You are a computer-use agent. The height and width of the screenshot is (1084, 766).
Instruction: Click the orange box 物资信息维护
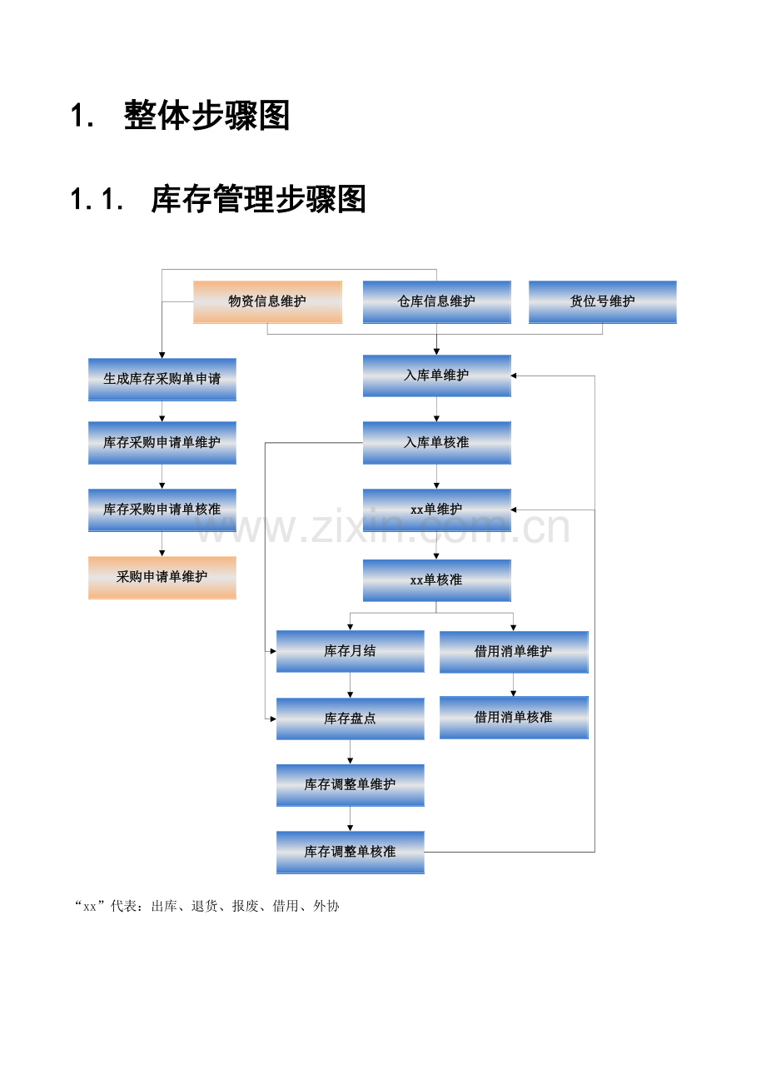[267, 302]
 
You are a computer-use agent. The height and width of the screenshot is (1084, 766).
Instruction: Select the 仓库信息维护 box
[437, 302]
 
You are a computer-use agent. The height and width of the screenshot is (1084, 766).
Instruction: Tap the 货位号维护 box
[603, 302]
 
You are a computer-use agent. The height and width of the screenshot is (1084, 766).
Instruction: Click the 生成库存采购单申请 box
[162, 380]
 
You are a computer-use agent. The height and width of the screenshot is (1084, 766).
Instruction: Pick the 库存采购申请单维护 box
[162, 443]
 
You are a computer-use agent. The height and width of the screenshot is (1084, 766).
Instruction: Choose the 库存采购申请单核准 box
[162, 510]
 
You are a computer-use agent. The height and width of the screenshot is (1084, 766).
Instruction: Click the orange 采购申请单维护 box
[162, 577]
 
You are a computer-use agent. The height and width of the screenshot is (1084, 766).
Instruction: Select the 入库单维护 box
[437, 376]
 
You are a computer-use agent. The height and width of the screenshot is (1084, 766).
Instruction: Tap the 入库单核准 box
[437, 443]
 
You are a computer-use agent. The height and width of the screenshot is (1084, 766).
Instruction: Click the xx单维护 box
[437, 510]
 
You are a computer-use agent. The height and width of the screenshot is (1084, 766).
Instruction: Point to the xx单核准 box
[437, 581]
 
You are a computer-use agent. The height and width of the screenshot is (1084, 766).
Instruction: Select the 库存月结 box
[351, 651]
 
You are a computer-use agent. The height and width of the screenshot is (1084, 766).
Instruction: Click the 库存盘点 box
[351, 719]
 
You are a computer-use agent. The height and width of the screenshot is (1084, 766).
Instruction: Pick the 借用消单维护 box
[514, 652]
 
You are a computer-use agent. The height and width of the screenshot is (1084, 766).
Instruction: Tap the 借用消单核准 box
[514, 718]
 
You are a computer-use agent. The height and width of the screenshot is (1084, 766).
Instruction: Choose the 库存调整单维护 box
[351, 785]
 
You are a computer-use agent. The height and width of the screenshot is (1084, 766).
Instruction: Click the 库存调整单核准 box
[351, 853]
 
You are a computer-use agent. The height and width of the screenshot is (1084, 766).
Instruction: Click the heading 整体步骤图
[207, 116]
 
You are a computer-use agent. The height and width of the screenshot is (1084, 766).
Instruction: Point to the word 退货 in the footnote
[205, 906]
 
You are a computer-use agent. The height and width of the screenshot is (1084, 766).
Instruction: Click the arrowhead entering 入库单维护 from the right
[514, 376]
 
